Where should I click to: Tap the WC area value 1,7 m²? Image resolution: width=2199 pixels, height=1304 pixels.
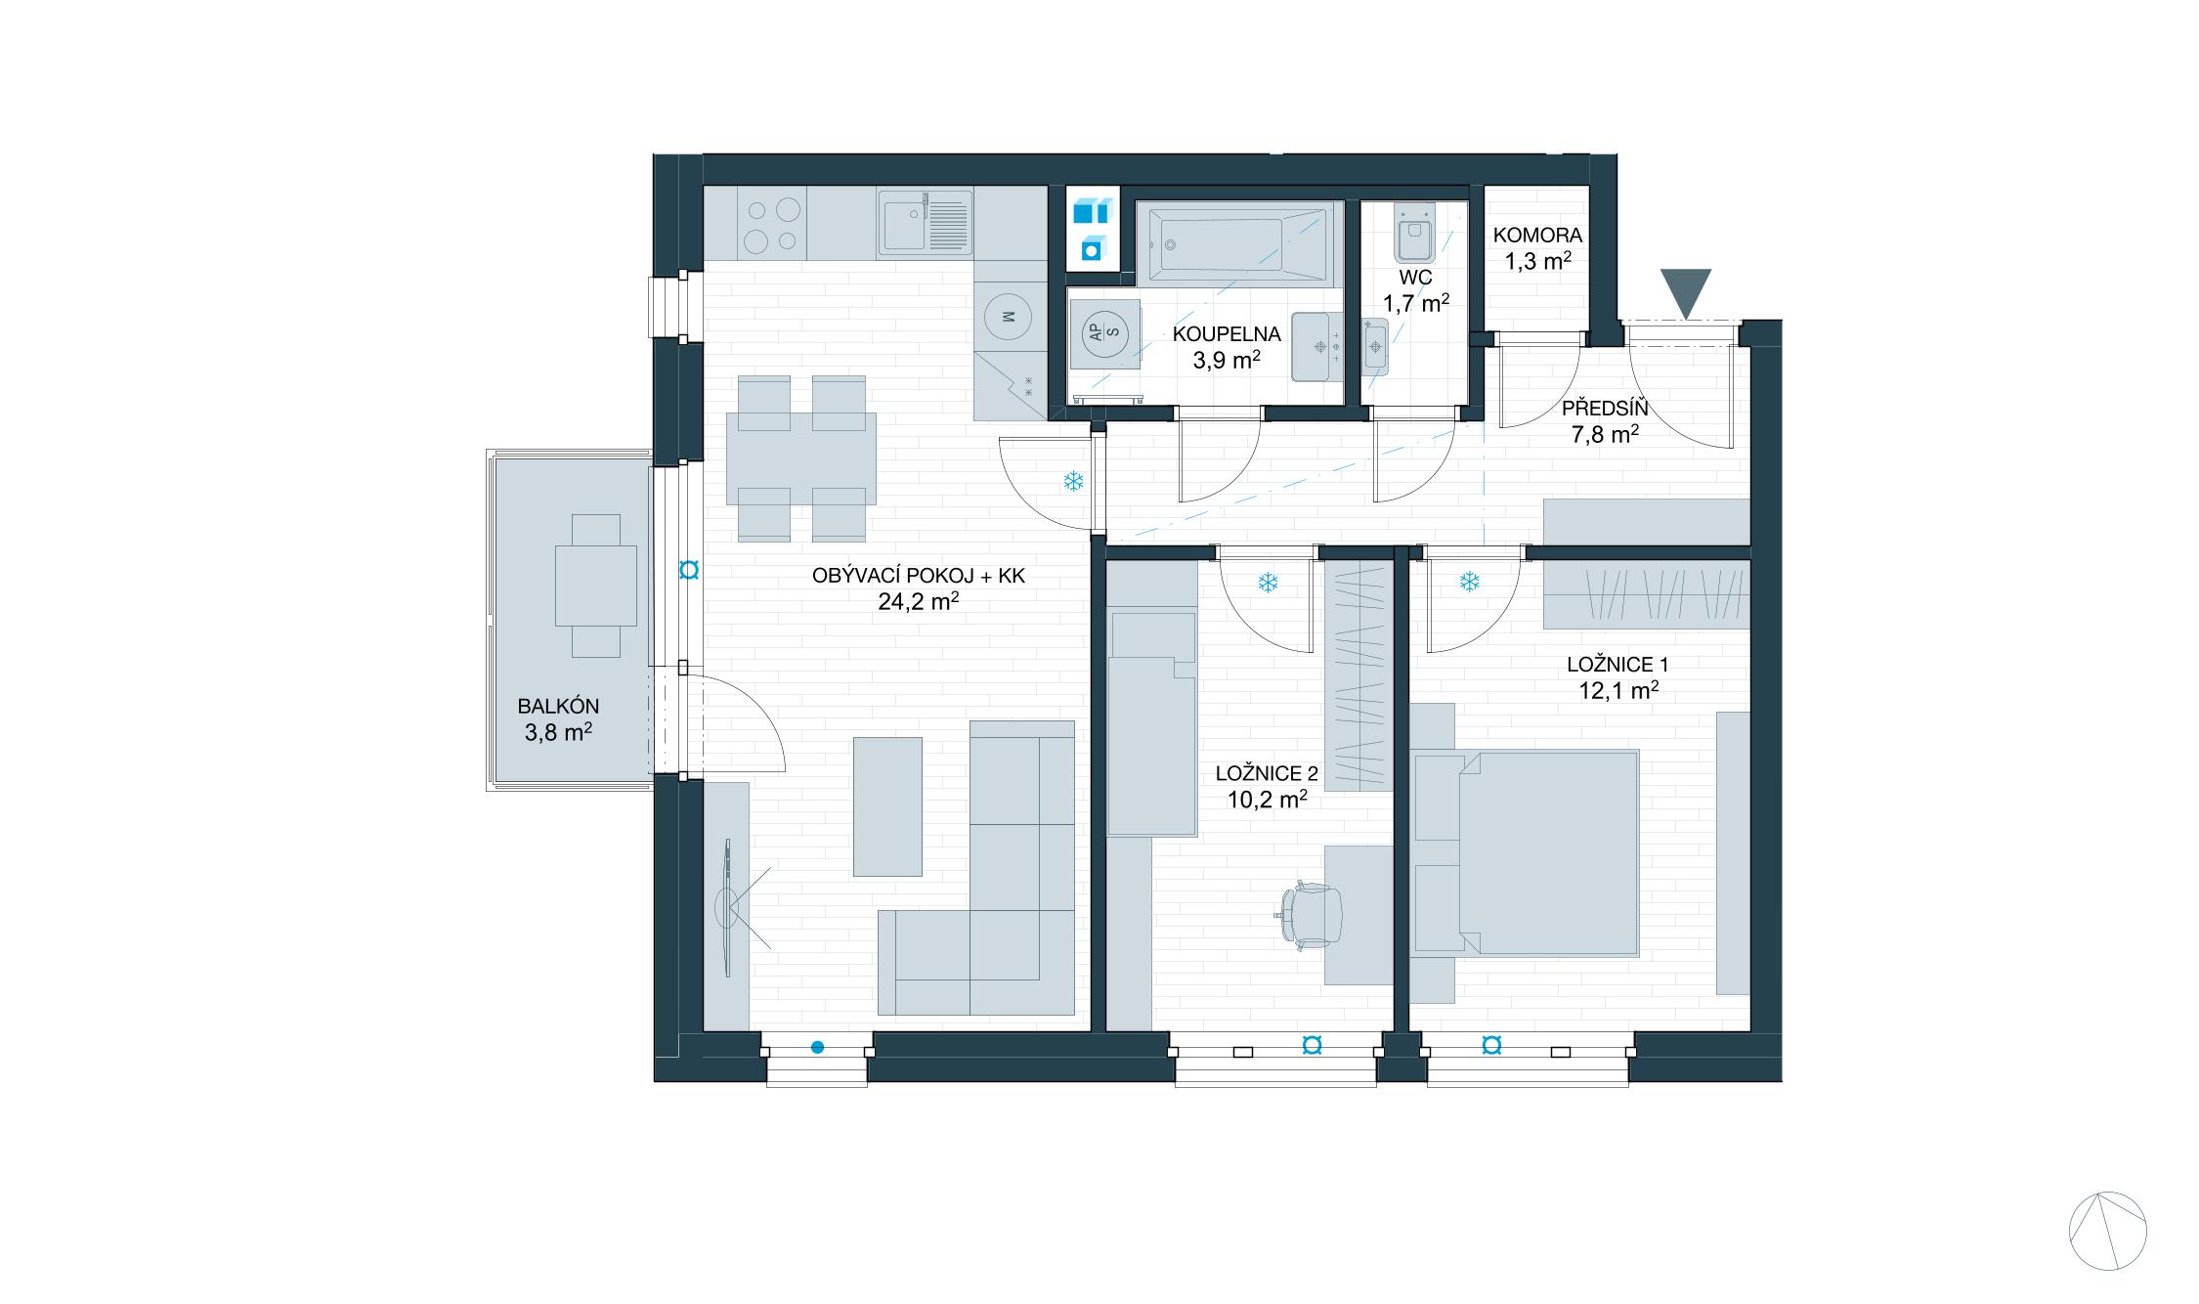pyautogui.click(x=1415, y=303)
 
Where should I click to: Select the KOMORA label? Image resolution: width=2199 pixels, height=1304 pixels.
pyautogui.click(x=1537, y=236)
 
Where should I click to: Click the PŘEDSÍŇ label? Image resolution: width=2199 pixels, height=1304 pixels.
pyautogui.click(x=1604, y=409)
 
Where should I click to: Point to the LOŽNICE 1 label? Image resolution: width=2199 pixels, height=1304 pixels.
pyautogui.click(x=1617, y=665)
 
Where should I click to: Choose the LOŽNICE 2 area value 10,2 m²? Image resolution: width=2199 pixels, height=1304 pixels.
pyautogui.click(x=1267, y=800)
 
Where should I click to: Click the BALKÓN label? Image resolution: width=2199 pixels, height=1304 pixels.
pyautogui.click(x=558, y=706)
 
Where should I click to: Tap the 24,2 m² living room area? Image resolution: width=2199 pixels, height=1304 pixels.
pyautogui.click(x=918, y=601)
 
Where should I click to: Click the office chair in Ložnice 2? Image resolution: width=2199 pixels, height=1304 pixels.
pyautogui.click(x=1309, y=915)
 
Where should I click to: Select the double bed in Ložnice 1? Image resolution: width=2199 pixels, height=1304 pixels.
pyautogui.click(x=1526, y=852)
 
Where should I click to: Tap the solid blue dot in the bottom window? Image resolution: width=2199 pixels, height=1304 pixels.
pyautogui.click(x=817, y=1048)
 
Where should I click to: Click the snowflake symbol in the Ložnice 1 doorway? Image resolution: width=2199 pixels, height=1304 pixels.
pyautogui.click(x=1469, y=583)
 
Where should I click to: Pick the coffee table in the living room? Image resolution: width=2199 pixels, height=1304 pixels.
pyautogui.click(x=887, y=806)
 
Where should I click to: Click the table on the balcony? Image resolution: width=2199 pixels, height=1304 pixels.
pyautogui.click(x=596, y=586)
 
